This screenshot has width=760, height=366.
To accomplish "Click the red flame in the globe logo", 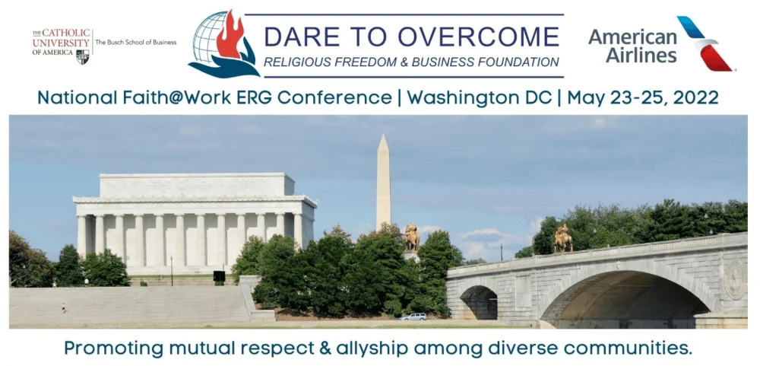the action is (x=231, y=34).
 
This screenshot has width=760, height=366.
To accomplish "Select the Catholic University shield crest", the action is (x=82, y=57).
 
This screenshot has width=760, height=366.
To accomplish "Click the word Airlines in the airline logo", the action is (x=641, y=55).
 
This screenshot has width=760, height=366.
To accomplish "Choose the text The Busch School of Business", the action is (x=136, y=43).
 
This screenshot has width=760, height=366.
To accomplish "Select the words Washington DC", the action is (x=480, y=97).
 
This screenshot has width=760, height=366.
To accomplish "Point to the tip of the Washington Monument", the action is (x=383, y=135).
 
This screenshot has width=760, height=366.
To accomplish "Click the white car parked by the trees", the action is (x=413, y=317).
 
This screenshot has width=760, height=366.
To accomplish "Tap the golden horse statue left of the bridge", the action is (x=411, y=237).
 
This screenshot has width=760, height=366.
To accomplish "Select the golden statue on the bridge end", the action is (x=563, y=238).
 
